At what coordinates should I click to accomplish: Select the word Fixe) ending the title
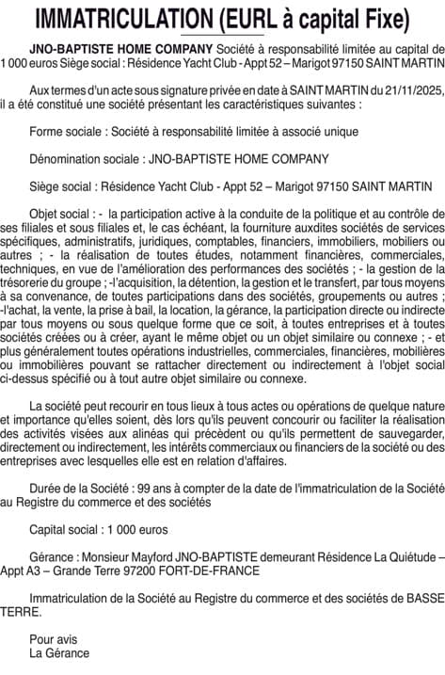pyautogui.click(x=386, y=19)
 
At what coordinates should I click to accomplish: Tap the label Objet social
pyautogui.click(x=62, y=214)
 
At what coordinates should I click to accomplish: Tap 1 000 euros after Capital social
pyautogui.click(x=137, y=530)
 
